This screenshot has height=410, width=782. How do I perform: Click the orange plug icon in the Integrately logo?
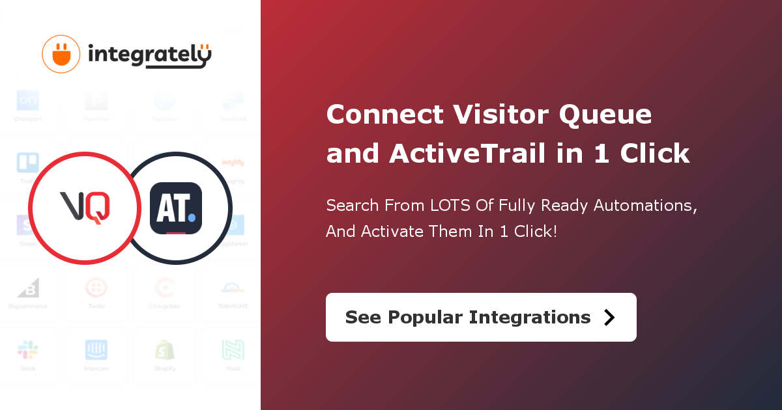61,54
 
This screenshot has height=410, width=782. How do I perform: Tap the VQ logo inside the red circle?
85,207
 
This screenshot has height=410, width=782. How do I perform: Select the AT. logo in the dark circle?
176,208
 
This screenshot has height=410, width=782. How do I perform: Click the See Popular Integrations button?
480,317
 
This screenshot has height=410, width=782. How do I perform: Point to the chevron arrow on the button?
609,317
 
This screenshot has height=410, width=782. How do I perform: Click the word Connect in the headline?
385,115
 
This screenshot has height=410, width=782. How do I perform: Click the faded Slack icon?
28,350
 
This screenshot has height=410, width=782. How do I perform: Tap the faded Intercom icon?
96,350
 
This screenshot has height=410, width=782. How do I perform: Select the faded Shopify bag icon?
165,350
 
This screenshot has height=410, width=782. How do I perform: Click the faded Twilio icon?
96,288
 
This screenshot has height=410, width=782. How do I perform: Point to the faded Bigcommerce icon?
28,288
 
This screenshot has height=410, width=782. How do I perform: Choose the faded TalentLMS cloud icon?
233,288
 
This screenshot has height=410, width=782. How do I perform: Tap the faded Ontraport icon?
28,101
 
